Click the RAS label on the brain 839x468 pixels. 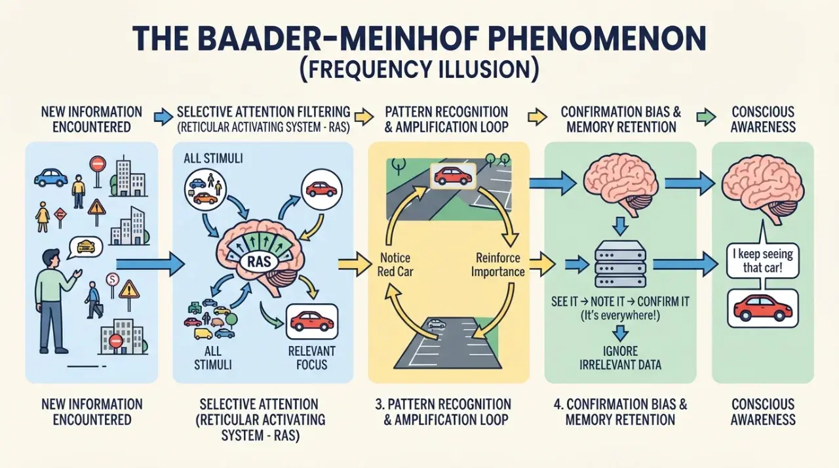260,261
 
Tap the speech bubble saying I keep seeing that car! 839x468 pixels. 762,262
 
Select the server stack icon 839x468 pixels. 620,264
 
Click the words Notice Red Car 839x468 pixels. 395,264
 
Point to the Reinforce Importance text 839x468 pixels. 498,264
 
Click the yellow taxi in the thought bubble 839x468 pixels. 86,247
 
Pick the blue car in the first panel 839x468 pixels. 51,178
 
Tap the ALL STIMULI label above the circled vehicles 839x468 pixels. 213,159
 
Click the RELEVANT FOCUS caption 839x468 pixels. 311,357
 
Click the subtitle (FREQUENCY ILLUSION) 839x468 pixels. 419,69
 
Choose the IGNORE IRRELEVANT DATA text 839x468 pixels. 620,357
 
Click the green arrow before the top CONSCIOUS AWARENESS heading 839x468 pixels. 706,117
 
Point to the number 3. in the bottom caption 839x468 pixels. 380,404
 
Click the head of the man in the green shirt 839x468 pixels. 51,260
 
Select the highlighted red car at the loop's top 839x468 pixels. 453,176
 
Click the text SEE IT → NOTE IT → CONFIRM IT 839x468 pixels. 620,302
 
